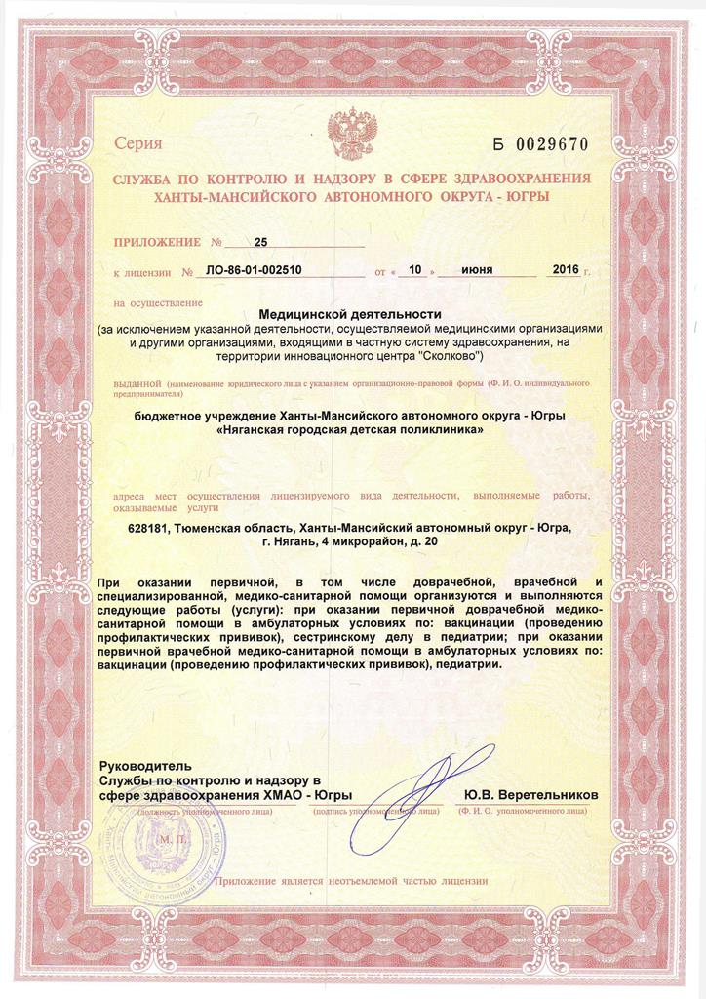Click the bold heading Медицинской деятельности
[x=350, y=314]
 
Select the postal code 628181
[x=153, y=529]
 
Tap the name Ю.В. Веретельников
[x=531, y=795]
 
